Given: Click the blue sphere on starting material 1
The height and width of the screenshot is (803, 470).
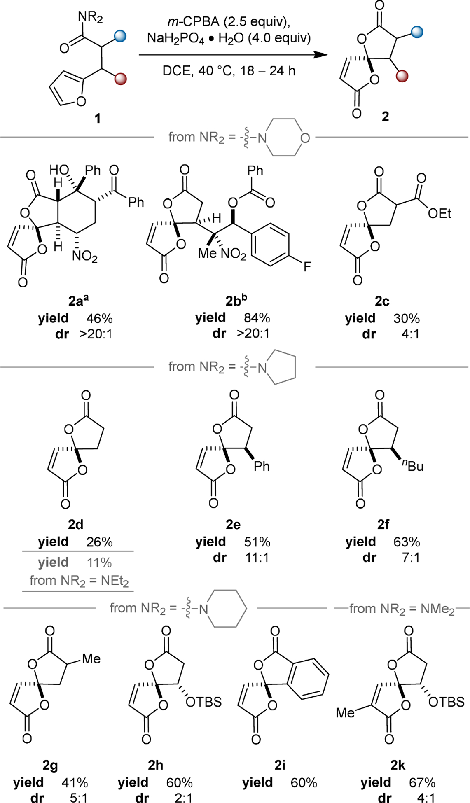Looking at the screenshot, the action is pyautogui.click(x=120, y=36).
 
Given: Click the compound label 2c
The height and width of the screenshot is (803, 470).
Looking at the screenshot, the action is pyautogui.click(x=382, y=301).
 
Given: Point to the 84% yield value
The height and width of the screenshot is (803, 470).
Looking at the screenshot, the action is pyautogui.click(x=257, y=318).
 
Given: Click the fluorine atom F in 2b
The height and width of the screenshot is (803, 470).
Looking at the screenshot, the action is pyautogui.click(x=307, y=267).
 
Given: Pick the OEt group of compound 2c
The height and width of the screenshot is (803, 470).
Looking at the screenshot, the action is pyautogui.click(x=440, y=213).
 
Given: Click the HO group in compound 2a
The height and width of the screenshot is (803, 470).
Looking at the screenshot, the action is pyautogui.click(x=59, y=170).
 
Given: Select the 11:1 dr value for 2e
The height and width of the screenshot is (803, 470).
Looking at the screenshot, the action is pyautogui.click(x=257, y=558).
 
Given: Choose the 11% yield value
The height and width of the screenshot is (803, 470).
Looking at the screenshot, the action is pyautogui.click(x=99, y=563).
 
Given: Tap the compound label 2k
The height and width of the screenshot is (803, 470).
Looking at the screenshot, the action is pyautogui.click(x=398, y=765).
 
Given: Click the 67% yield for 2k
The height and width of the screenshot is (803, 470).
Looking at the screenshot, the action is pyautogui.click(x=422, y=782).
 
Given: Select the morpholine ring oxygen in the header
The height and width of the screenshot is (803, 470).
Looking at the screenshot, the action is pyautogui.click(x=305, y=138).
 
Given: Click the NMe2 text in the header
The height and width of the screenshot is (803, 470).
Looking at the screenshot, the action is pyautogui.click(x=437, y=609).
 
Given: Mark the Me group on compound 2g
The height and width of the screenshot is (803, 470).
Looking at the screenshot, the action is pyautogui.click(x=91, y=659).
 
